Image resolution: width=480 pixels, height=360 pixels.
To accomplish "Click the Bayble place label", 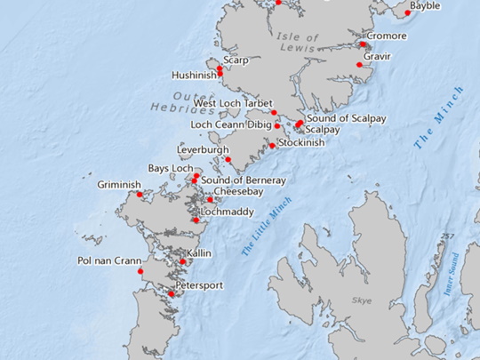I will pos(426,6).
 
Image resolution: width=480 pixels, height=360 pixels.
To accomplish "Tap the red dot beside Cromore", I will pos(363,44).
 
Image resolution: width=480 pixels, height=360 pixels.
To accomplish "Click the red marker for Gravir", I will pos(359,64).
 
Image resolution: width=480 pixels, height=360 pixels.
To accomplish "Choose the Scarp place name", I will pos(236,60).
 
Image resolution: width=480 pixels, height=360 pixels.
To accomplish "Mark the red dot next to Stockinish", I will pos(272,146).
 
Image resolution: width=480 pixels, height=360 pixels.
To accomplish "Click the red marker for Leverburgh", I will pos(228,160).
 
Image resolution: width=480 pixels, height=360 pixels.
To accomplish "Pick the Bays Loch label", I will pos(170,168).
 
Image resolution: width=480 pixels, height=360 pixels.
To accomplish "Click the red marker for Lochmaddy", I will pos(196,220).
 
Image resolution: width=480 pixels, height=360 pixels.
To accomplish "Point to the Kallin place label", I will pos(199,253).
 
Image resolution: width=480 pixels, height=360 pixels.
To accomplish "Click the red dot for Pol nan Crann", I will pos(140,270).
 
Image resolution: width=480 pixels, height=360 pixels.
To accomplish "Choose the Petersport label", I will pos(199,285).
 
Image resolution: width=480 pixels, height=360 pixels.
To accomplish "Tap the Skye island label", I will pos(361,301).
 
